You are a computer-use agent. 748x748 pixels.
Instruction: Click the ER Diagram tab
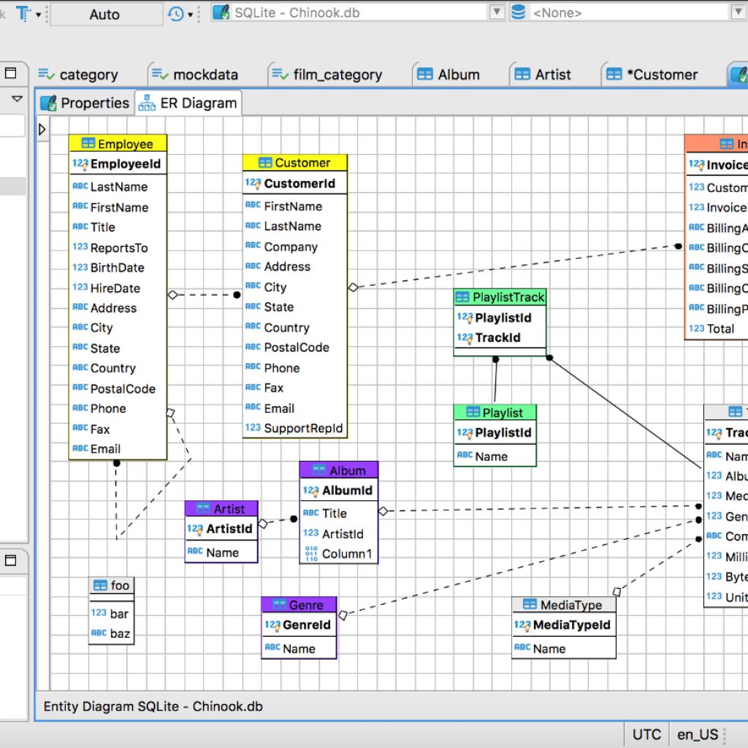pyautogui.click(x=189, y=103)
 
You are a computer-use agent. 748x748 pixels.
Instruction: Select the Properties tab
pyautogui.click(x=85, y=103)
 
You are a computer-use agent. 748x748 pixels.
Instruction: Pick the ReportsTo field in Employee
pyautogui.click(x=118, y=248)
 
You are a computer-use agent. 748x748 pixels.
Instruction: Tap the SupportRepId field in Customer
pyautogui.click(x=302, y=428)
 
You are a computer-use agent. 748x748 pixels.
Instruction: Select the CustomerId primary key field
pyautogui.click(x=299, y=183)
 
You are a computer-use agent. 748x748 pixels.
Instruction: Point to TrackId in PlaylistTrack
pyautogui.click(x=497, y=338)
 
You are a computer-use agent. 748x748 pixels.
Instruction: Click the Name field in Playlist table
pyautogui.click(x=491, y=457)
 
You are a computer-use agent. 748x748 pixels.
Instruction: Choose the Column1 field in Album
pyautogui.click(x=346, y=554)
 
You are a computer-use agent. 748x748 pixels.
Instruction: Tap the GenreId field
pyautogui.click(x=306, y=625)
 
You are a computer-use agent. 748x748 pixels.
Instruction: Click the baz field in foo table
pyautogui.click(x=120, y=633)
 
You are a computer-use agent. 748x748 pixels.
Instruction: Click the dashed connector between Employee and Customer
pyautogui.click(x=205, y=295)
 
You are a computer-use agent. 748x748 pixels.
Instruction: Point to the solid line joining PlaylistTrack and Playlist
pyautogui.click(x=495, y=381)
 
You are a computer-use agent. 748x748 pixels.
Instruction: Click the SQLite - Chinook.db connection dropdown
pyautogui.click(x=358, y=12)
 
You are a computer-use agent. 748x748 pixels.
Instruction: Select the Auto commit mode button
pyautogui.click(x=104, y=14)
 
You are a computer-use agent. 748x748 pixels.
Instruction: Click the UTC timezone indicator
pyautogui.click(x=646, y=734)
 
